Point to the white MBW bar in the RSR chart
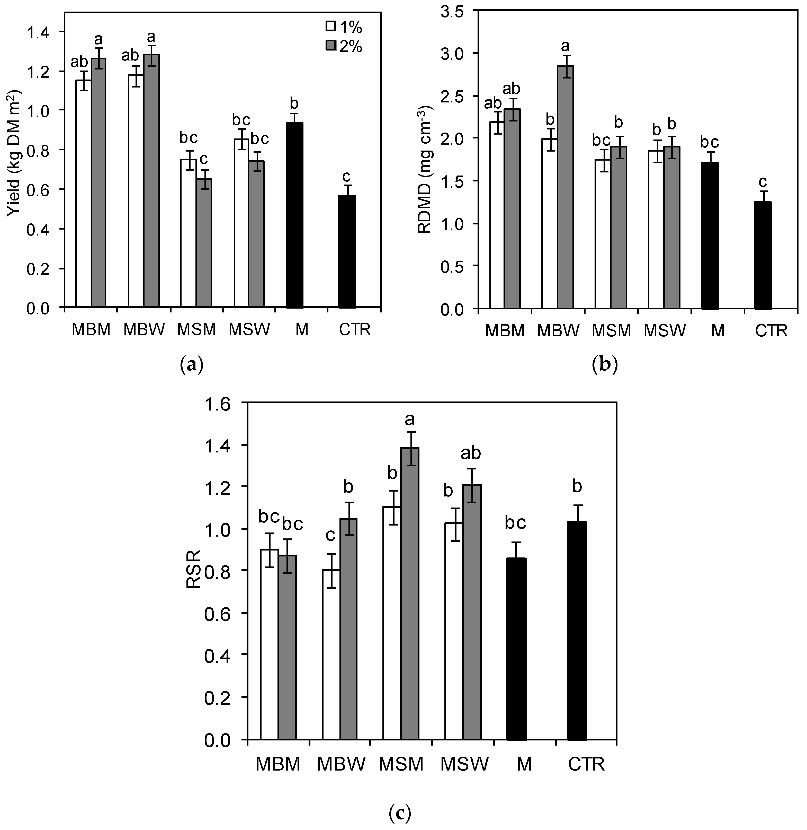point(331,655)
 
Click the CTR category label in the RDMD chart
point(771,331)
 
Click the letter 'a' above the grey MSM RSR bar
point(409,420)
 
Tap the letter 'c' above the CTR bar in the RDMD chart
point(763,182)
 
